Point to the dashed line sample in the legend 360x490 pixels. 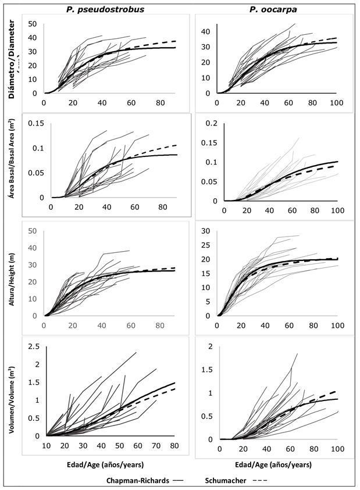pos(259,481)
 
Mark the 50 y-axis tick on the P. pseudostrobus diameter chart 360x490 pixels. pos(33,24)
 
